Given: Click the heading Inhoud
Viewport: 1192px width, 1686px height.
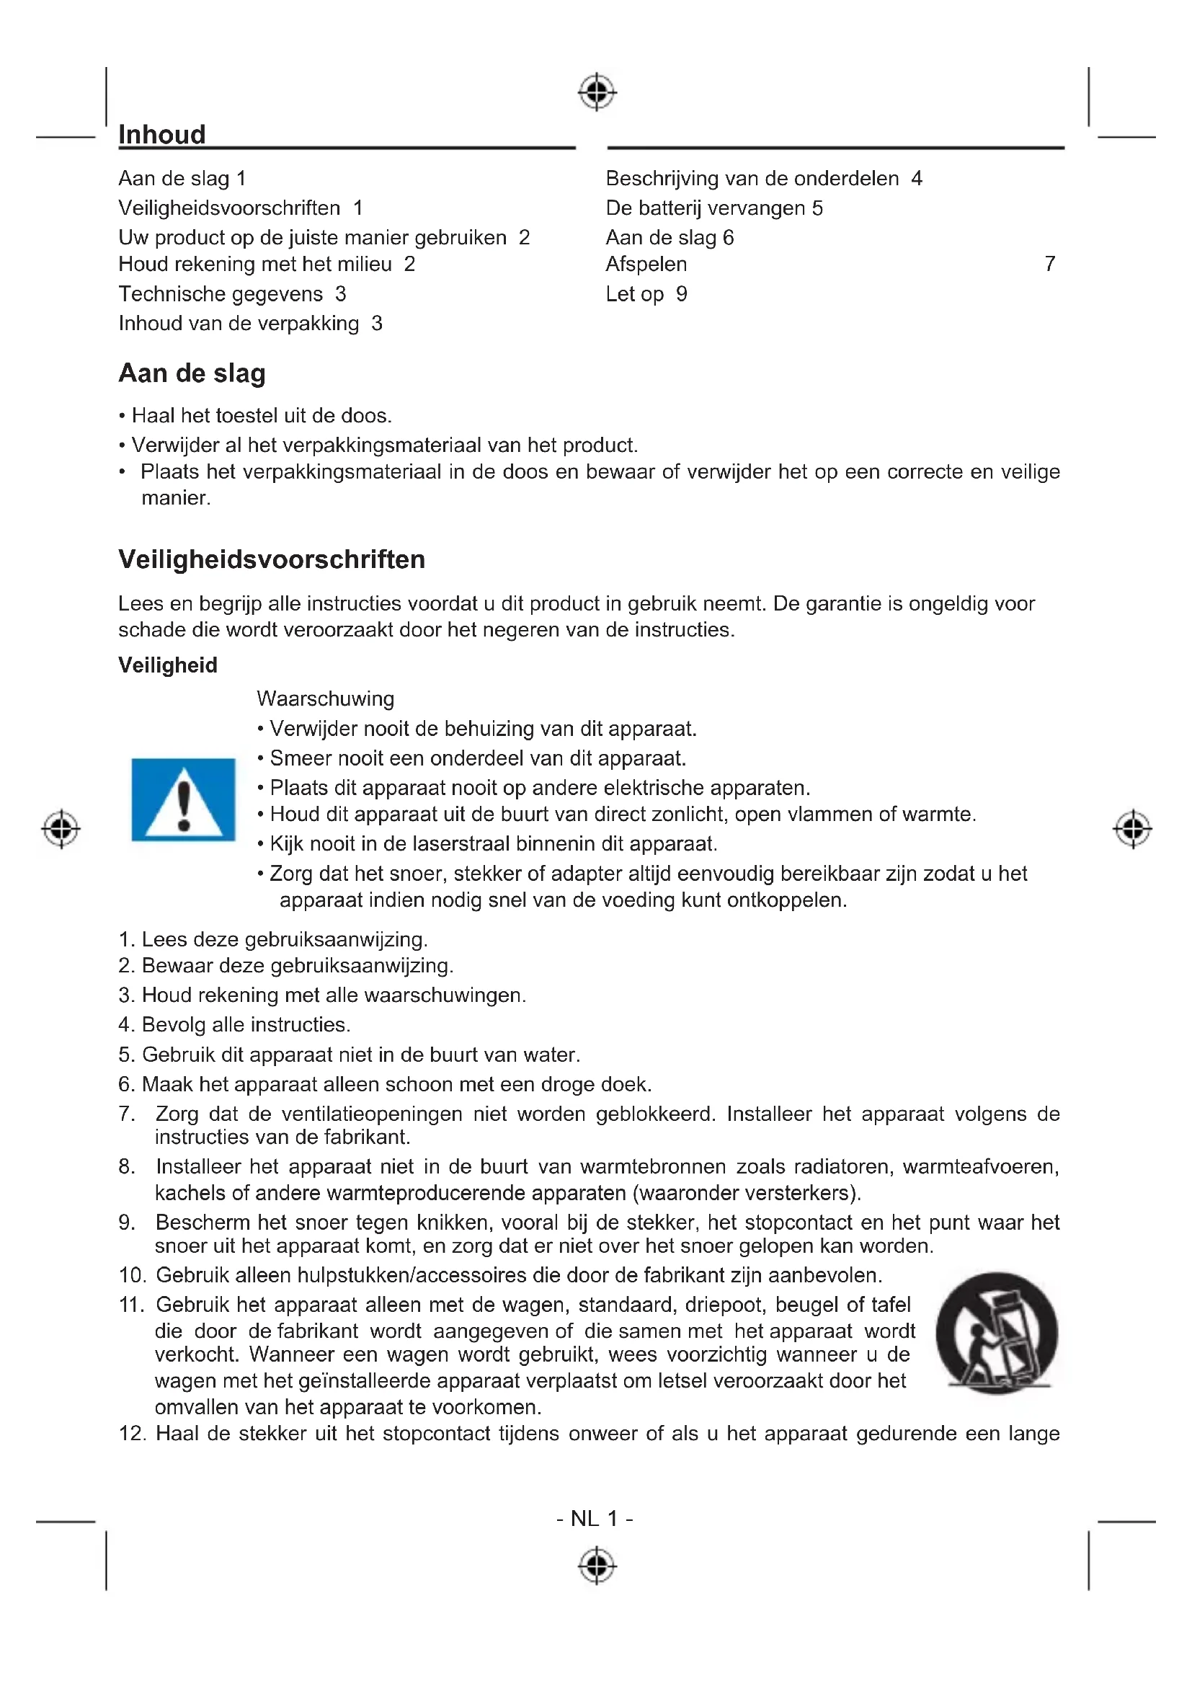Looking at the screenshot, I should click(162, 135).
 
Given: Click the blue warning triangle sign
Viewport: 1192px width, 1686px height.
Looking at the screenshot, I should click(184, 799).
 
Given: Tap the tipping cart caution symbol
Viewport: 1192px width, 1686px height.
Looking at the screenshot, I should click(996, 1333).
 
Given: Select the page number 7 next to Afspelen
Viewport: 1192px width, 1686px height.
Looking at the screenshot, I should click(1049, 264).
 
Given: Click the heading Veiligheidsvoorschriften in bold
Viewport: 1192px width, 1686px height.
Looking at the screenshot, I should click(272, 559).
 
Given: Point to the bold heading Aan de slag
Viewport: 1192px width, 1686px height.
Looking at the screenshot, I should click(192, 373).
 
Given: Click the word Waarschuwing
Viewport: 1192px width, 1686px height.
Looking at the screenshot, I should click(325, 698).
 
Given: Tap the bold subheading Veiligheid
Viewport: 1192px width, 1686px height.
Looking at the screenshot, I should click(168, 665).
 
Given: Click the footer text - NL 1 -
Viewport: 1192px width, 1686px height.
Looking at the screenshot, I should click(595, 1518).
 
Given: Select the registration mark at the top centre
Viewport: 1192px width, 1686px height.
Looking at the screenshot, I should click(597, 92).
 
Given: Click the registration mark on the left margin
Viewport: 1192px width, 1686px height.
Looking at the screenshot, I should click(61, 829).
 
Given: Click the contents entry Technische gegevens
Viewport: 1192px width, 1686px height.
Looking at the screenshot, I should click(221, 293).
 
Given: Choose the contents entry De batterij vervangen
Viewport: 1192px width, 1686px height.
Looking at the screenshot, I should click(706, 208).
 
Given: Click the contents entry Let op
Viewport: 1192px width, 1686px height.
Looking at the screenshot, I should click(635, 293).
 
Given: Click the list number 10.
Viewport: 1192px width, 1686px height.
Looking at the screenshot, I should click(132, 1276).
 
